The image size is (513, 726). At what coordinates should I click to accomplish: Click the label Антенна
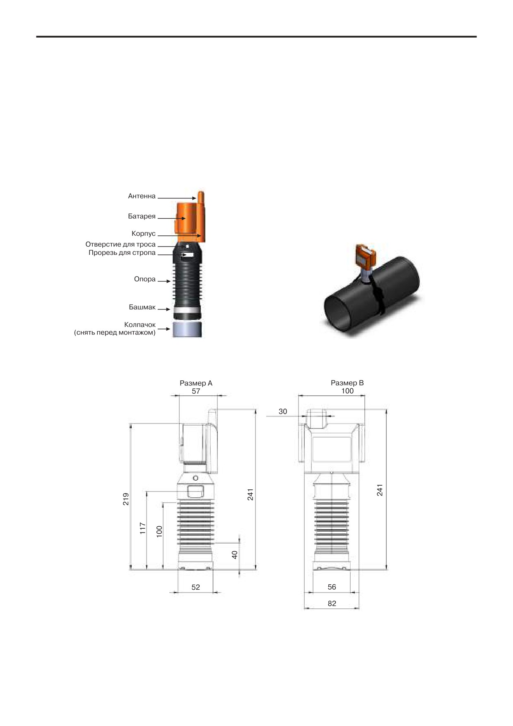click(142, 196)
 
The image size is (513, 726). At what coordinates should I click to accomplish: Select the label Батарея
click(142, 216)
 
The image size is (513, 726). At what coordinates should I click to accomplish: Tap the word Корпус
click(144, 234)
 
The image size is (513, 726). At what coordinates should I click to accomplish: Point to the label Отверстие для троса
click(120, 244)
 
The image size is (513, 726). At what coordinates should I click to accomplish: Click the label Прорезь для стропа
click(122, 253)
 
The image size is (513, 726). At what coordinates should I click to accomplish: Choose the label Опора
click(145, 279)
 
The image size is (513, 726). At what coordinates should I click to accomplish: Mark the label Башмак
click(142, 307)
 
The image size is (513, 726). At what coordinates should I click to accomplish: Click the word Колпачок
click(140, 325)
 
